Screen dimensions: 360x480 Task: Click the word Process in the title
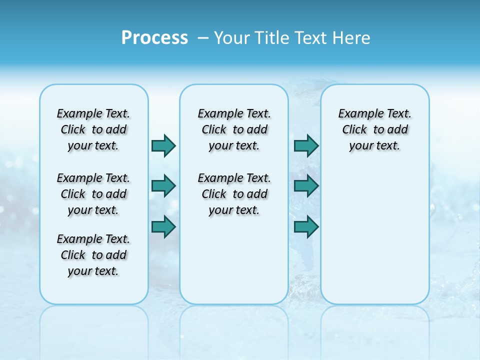(154, 37)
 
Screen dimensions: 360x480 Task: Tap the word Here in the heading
(351, 38)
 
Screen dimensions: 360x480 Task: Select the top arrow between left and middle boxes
(163, 145)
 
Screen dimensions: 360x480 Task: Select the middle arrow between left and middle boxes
(163, 186)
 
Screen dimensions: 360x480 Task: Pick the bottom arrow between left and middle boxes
(163, 226)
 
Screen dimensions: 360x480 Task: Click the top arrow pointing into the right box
(306, 145)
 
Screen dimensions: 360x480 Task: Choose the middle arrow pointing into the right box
(306, 186)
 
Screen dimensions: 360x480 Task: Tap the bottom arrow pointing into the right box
(306, 226)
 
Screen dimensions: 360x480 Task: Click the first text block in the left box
(93, 129)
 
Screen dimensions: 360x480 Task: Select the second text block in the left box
(93, 194)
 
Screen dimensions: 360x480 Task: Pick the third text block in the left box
(93, 255)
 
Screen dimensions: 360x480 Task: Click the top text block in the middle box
(234, 129)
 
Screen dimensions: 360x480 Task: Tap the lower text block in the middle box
(234, 194)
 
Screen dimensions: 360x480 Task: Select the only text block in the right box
(374, 129)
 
